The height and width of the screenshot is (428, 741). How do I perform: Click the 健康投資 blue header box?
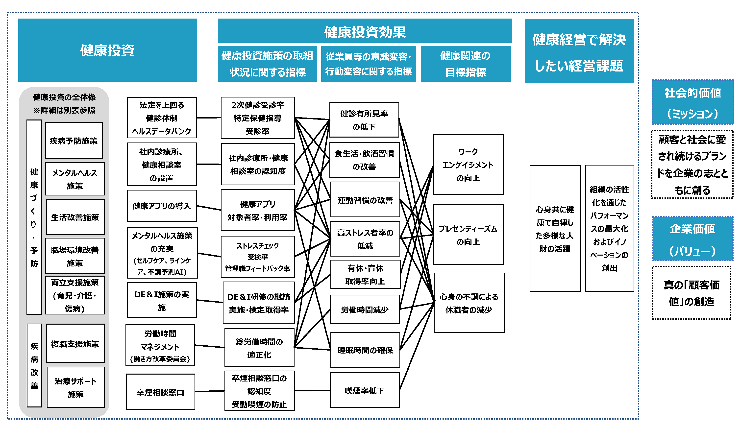[107, 50]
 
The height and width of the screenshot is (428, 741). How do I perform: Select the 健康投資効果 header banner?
[365, 31]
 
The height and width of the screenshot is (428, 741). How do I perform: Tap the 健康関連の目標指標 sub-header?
[466, 64]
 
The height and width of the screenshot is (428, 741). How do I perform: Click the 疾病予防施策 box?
[74, 141]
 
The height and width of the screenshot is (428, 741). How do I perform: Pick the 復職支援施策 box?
[75, 343]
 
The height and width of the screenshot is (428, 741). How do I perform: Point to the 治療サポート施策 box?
[75, 387]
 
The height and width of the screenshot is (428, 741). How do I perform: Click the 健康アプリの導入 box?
[162, 206]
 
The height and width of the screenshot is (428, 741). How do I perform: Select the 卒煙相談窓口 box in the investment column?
[161, 392]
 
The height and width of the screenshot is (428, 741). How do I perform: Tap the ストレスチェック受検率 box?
[258, 257]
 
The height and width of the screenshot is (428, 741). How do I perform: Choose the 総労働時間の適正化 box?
[259, 348]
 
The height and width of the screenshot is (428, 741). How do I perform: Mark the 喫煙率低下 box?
[365, 390]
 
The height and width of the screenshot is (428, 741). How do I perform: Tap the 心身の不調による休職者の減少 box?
[469, 303]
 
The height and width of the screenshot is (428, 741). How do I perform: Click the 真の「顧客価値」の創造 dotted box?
[692, 293]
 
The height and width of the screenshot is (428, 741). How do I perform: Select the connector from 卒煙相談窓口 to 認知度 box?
[210, 391]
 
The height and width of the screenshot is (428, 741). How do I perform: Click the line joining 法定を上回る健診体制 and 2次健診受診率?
[208, 118]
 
